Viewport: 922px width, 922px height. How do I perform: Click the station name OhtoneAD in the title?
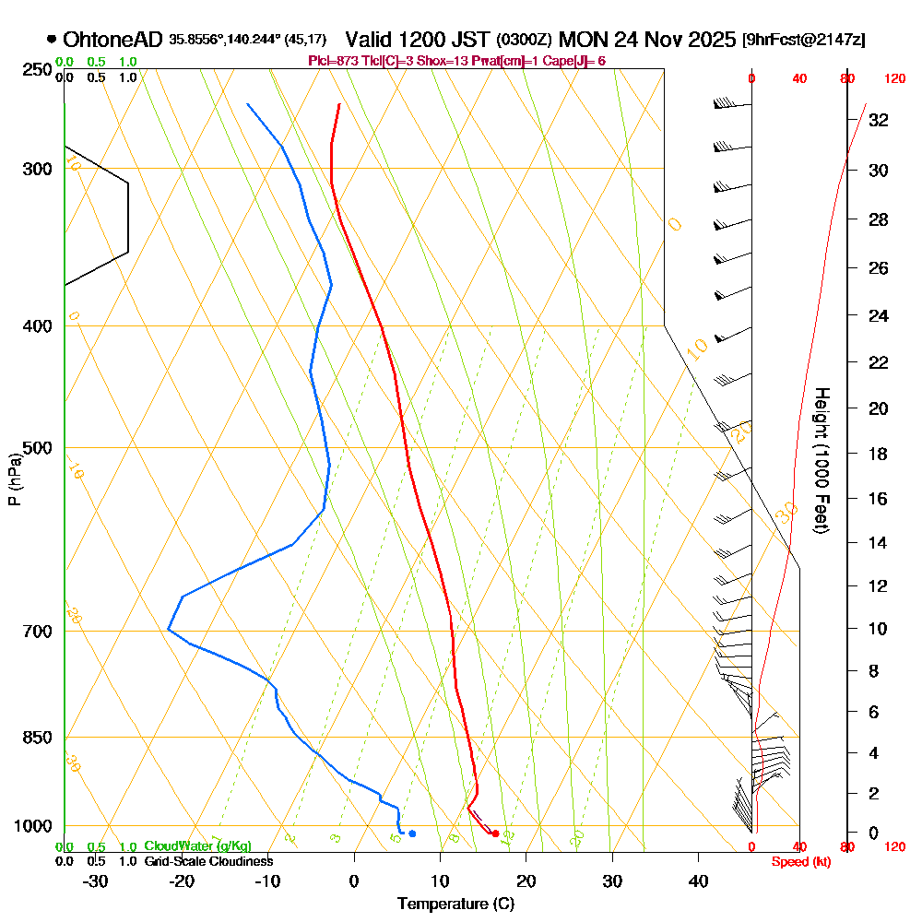point(113,40)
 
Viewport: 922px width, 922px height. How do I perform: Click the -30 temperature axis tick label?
point(96,881)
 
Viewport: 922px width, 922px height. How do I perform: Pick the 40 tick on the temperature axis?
point(699,881)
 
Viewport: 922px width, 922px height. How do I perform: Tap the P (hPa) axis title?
point(14,479)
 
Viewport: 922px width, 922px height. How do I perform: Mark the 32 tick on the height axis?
point(879,119)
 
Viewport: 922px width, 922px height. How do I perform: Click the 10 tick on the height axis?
point(879,629)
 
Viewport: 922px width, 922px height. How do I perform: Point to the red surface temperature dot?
point(496,833)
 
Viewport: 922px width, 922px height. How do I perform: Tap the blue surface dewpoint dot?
point(412,833)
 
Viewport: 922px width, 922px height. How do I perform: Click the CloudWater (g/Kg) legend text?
point(197,846)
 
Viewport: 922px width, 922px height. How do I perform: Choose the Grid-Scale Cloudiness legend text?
point(207,861)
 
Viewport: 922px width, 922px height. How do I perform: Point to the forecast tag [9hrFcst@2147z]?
point(803,41)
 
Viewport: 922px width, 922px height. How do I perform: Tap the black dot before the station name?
point(52,40)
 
